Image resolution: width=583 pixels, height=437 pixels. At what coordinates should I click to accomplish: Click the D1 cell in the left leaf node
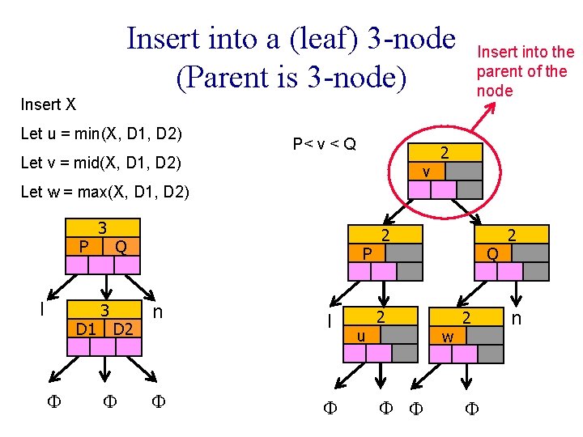pyautogui.click(x=86, y=328)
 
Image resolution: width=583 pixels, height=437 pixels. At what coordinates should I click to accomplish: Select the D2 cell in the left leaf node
pyautogui.click(x=123, y=328)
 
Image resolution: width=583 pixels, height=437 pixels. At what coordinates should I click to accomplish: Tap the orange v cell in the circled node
pyautogui.click(x=427, y=172)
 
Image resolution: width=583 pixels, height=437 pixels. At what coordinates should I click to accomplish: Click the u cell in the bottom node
pyautogui.click(x=362, y=335)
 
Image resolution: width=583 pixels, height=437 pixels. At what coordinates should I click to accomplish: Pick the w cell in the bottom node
pyautogui.click(x=448, y=336)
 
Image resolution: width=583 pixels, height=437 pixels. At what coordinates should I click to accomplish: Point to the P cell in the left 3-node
pyautogui.click(x=84, y=246)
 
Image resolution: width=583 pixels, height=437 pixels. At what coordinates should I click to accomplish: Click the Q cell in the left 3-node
pyautogui.click(x=121, y=246)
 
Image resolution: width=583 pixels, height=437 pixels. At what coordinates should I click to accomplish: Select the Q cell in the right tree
pyautogui.click(x=493, y=253)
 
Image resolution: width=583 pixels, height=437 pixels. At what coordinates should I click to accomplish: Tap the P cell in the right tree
pyautogui.click(x=367, y=253)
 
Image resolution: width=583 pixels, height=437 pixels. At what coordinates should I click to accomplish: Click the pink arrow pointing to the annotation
pyautogui.click(x=483, y=117)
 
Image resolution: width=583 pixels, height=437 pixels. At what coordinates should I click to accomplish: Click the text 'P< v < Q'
pyautogui.click(x=324, y=144)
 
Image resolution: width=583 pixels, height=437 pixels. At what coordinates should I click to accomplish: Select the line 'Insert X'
pyautogui.click(x=49, y=104)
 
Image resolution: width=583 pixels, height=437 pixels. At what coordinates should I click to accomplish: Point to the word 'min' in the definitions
pyautogui.click(x=87, y=134)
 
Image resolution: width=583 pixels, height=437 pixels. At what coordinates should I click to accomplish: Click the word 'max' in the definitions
pyautogui.click(x=91, y=192)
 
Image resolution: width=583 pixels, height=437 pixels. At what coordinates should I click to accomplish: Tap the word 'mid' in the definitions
pyautogui.click(x=87, y=163)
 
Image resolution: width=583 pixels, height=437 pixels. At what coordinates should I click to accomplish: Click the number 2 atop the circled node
pyautogui.click(x=445, y=153)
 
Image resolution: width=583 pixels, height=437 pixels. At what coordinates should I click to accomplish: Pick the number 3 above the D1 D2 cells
pyautogui.click(x=104, y=310)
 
